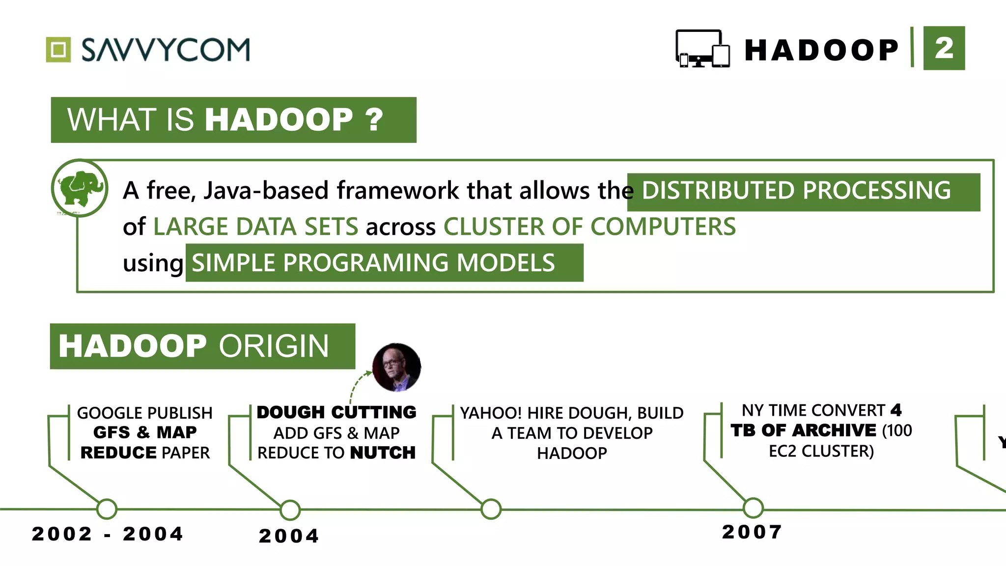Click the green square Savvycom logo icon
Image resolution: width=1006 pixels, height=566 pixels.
coord(58,50)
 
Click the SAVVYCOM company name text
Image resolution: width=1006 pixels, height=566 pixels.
coord(166,50)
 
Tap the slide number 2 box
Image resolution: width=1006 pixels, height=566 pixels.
coord(944,48)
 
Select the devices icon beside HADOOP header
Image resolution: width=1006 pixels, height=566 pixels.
coord(702,49)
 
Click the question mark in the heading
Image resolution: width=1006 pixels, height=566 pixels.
coord(374,119)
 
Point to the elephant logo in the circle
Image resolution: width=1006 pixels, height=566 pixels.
coord(80,188)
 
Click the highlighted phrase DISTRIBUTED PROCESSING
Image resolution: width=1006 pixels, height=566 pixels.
coord(796,191)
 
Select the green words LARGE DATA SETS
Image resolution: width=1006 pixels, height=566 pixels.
coord(255,227)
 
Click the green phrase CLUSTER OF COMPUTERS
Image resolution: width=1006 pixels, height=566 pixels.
coord(589,227)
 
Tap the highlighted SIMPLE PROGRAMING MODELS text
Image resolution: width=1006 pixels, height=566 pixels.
coord(373,263)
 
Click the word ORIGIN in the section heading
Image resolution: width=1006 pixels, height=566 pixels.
coord(274,346)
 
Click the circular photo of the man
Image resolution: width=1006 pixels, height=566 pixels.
coord(396,368)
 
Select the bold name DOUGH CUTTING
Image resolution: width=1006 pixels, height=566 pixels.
coord(336,412)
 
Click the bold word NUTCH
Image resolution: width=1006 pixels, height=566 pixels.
coord(383,453)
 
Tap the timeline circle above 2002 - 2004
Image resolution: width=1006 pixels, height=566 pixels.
coord(107,509)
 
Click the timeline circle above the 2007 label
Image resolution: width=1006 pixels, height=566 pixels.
coord(753,508)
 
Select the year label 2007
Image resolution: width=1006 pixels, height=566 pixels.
coord(752,532)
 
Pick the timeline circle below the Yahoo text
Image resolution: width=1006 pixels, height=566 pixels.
coord(491,509)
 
